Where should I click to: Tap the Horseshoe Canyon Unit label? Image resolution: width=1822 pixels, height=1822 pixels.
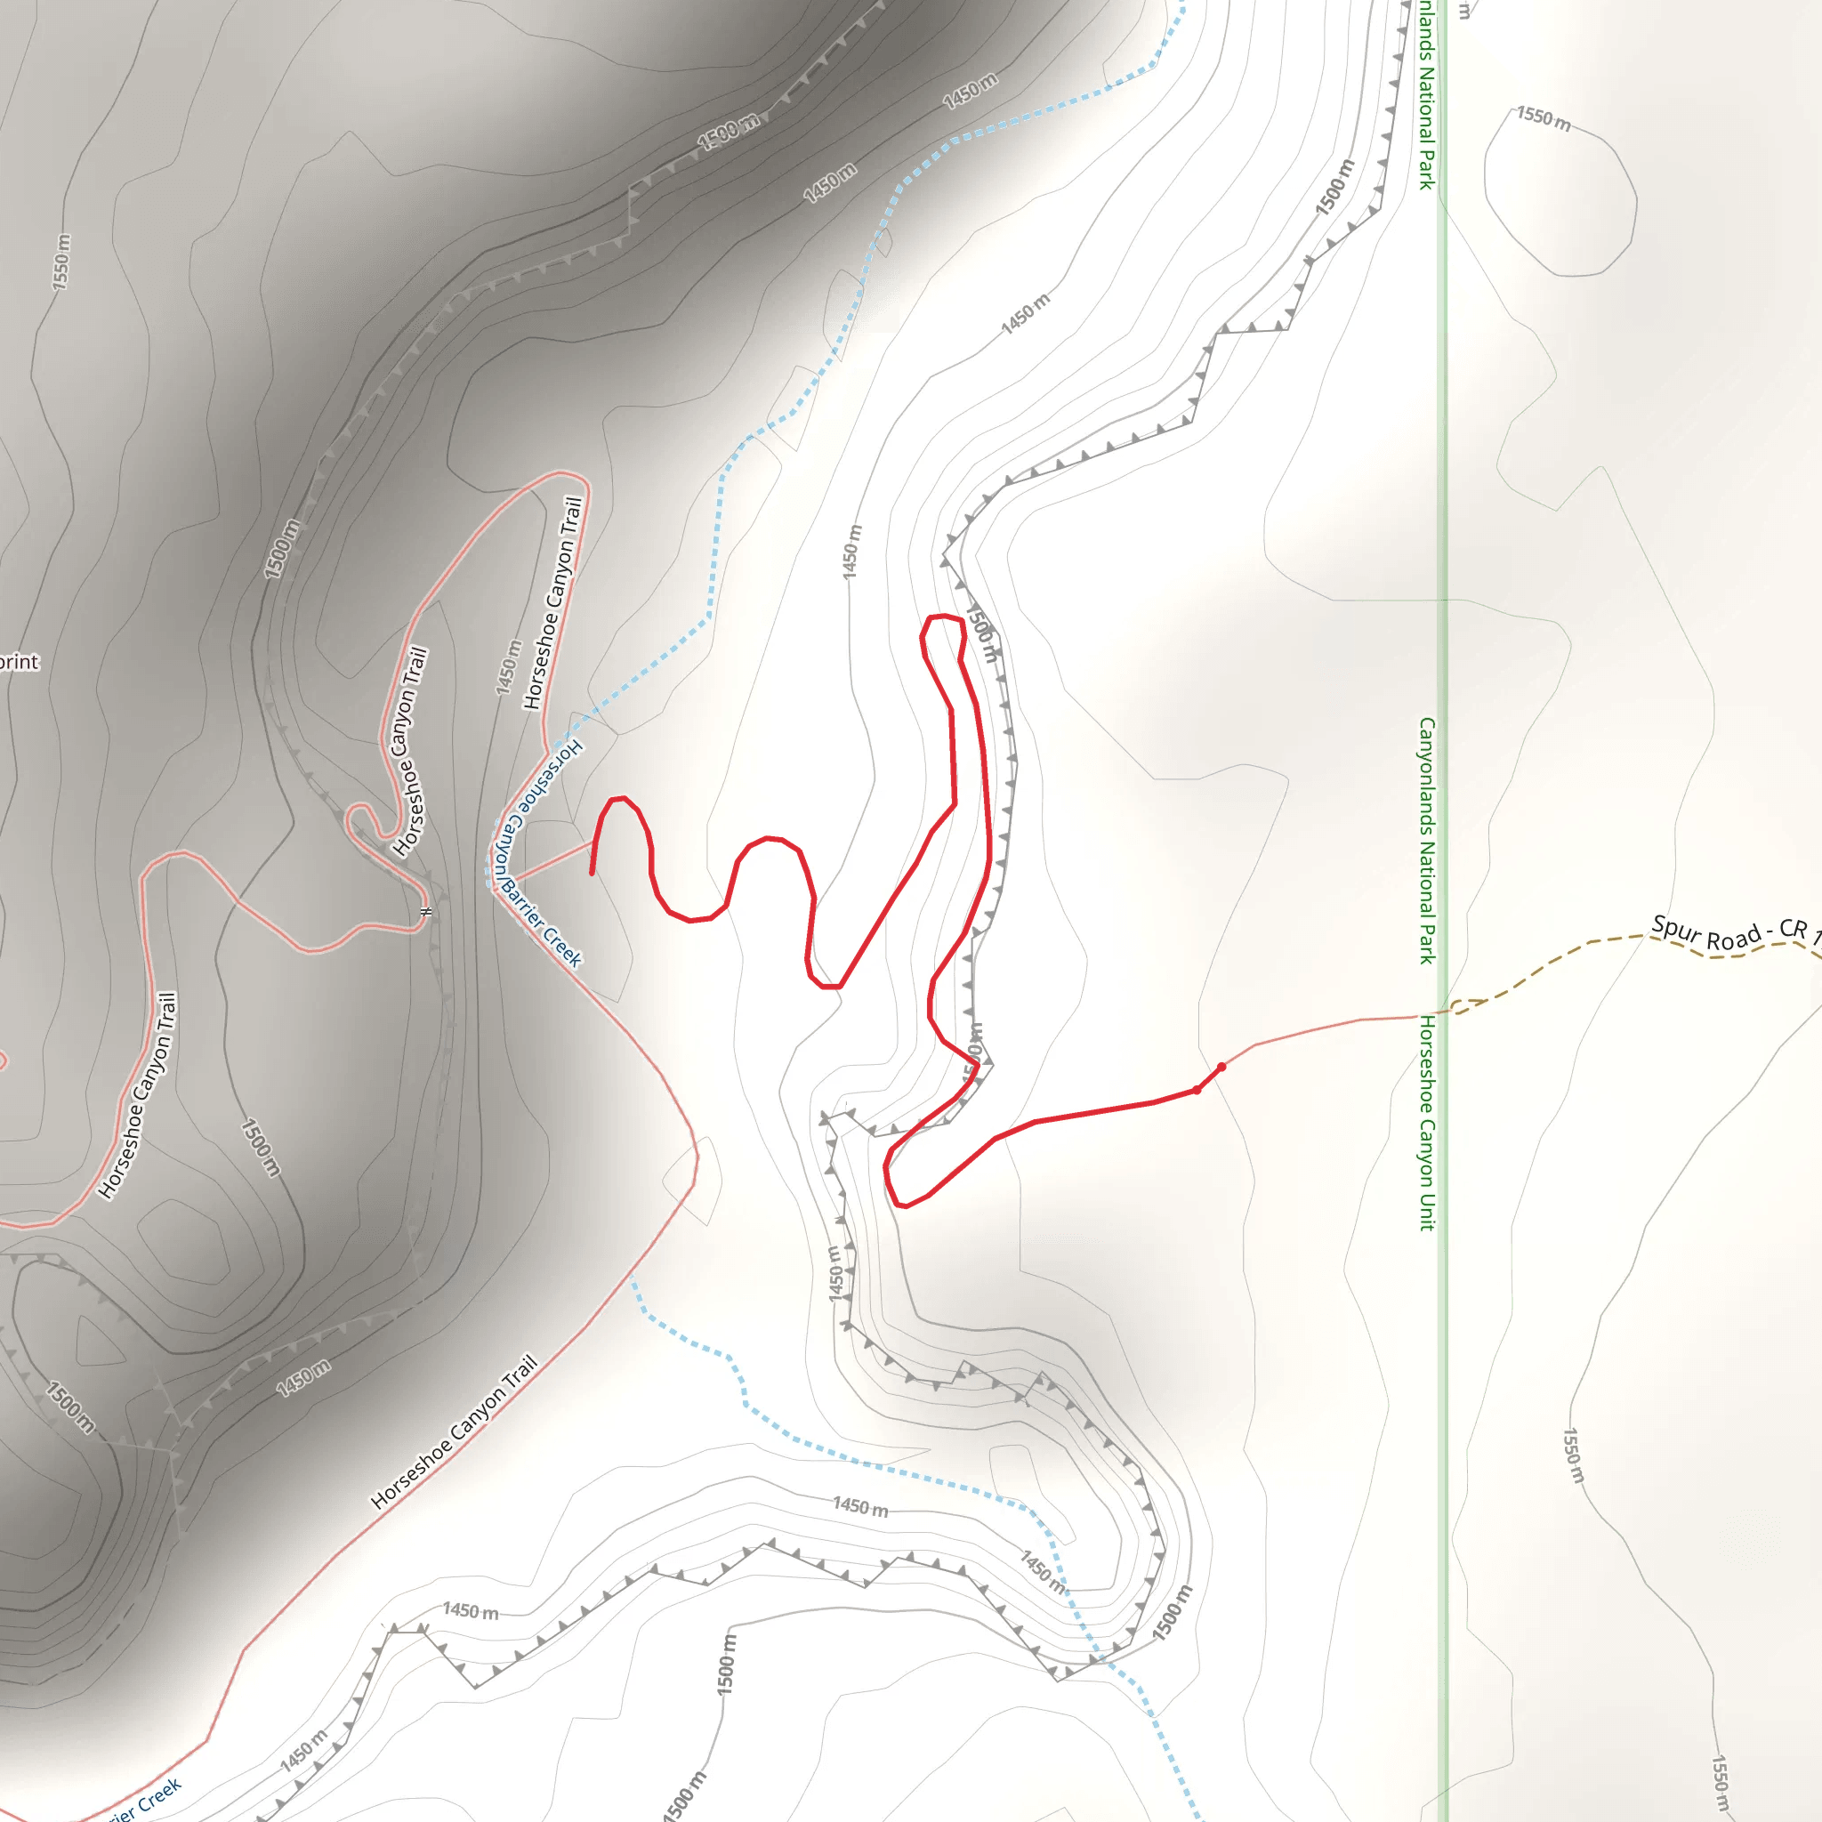coord(1427,1122)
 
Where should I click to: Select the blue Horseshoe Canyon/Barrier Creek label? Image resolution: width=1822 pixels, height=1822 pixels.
coord(537,853)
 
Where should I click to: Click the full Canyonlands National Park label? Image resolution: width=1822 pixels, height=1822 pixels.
coord(1427,839)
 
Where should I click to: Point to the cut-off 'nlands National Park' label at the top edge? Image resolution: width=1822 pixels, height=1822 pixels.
coord(1427,94)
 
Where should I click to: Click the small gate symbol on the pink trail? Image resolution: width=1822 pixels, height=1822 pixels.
coord(426,912)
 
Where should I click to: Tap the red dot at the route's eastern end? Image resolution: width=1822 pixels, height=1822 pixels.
coord(1221,1068)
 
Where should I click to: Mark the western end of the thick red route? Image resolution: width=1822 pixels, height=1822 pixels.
coord(593,874)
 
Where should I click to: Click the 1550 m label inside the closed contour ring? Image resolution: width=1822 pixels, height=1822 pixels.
coord(1544,120)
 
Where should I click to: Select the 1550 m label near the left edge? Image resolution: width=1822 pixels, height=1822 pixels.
coord(61,262)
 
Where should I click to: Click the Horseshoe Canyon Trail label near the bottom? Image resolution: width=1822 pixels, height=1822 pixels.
coord(455,1431)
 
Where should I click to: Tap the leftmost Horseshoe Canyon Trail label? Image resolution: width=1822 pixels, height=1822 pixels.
coord(138,1096)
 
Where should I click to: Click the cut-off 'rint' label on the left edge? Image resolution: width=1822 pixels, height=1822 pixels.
coord(19,662)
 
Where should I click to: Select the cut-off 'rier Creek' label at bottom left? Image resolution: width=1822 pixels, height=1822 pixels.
coord(141,1803)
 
